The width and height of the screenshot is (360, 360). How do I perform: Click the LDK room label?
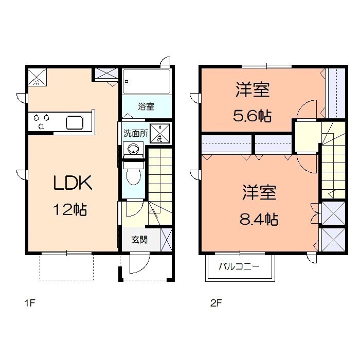pos(73,183)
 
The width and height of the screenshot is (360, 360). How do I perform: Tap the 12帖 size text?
pos(70,209)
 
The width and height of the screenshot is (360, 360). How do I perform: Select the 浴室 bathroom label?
pos(146,106)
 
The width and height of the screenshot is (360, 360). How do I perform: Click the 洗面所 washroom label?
pos(136,133)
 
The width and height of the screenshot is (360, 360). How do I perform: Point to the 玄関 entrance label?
pos(139,240)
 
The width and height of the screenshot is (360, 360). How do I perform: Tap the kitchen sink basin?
pos(75,122)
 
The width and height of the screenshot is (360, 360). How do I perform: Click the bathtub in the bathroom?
pos(146,81)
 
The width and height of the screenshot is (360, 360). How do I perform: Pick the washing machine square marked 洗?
pos(160,133)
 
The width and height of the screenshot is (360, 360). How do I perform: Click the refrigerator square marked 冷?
pos(37,77)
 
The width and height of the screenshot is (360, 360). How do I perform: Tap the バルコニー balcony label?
pos(239,266)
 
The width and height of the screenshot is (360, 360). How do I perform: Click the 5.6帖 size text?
pos(253,116)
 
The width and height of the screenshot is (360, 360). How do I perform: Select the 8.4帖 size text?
pos(259,219)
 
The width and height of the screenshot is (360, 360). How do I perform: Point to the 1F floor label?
pos(29,303)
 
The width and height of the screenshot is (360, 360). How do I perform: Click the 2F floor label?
pos(216,303)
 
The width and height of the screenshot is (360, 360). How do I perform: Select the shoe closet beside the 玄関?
pos(166,240)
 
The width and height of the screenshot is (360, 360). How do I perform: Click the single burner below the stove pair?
pos(41,126)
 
